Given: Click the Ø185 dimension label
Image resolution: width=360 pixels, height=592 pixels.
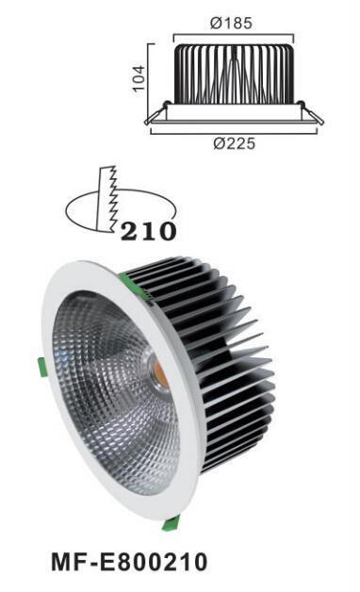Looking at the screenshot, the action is [231, 23].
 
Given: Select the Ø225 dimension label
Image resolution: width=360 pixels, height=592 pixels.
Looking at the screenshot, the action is [235, 143].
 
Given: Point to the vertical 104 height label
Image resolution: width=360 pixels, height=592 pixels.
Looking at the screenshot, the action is [139, 78].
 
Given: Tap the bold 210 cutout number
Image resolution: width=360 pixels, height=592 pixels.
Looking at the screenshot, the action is [148, 231].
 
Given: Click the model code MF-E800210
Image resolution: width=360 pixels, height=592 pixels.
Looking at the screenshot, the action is [129, 562].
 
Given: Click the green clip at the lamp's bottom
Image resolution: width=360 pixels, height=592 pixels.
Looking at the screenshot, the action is [171, 523].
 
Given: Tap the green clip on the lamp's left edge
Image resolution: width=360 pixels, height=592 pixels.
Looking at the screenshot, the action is [41, 367].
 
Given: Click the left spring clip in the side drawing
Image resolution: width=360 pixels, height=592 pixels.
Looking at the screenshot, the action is [156, 113].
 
